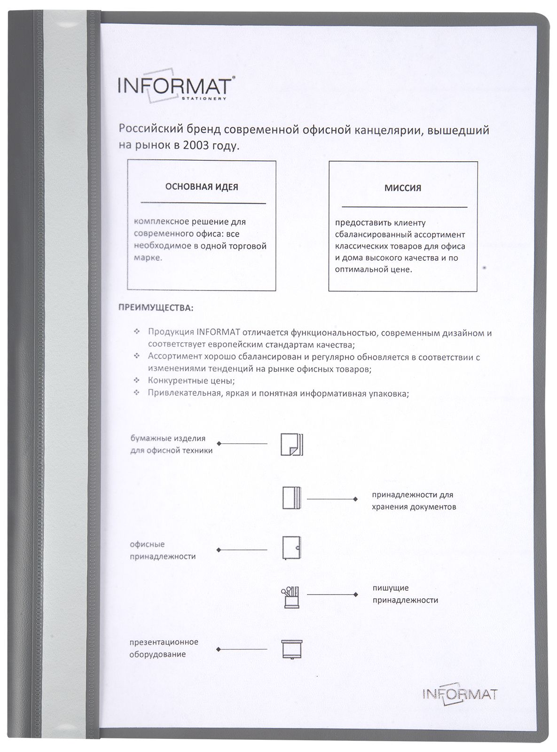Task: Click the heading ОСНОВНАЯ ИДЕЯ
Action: pos(201,187)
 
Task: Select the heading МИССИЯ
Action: pos(403,188)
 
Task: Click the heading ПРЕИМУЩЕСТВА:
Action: pos(155,308)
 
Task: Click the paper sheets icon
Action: pos(292,444)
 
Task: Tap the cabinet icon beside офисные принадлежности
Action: pos(291,548)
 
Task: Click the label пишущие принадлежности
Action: pos(405,594)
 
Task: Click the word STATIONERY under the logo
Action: pos(211,99)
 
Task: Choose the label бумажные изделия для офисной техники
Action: pos(171,444)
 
